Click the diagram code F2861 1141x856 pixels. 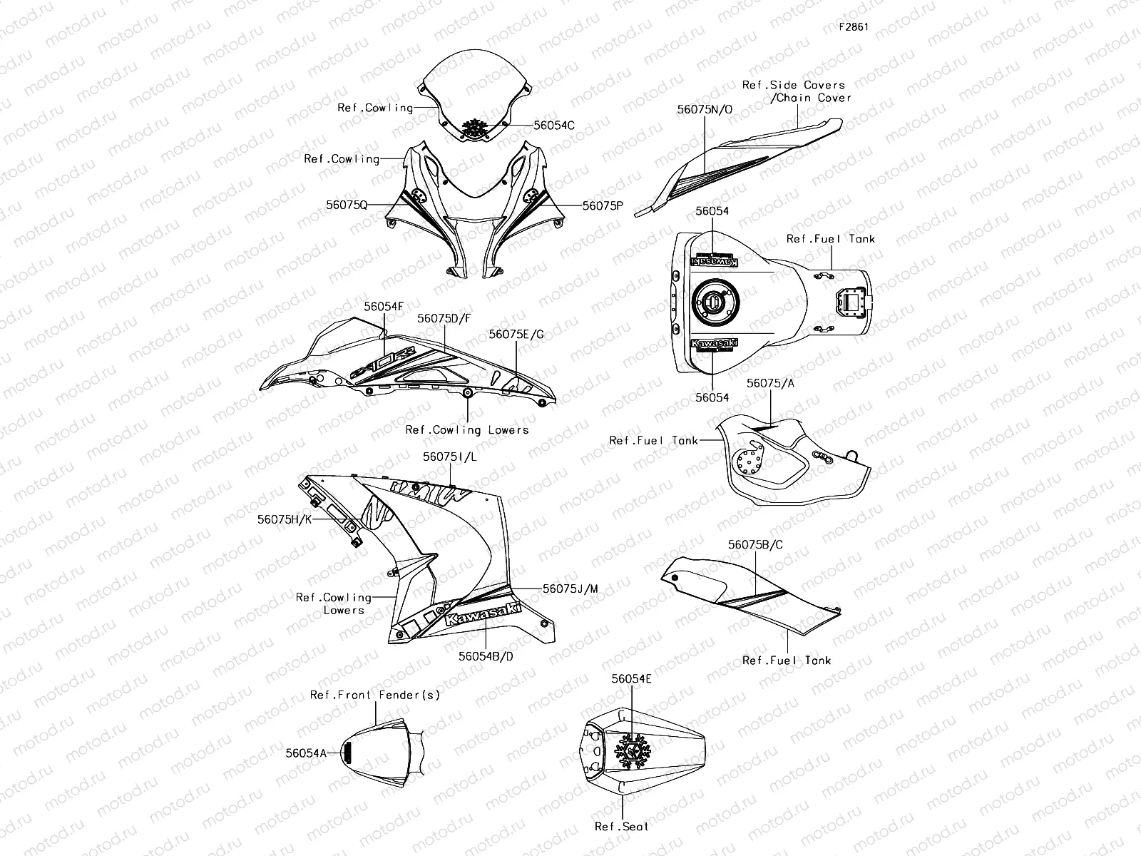[854, 26]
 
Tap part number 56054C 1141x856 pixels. [554, 126]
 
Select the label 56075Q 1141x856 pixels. [347, 205]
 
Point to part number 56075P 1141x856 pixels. [603, 206]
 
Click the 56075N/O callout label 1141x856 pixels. [705, 110]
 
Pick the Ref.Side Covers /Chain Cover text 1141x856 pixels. [797, 91]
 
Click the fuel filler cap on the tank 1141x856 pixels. [716, 302]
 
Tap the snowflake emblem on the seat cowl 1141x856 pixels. [632, 751]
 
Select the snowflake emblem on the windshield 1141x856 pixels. [474, 128]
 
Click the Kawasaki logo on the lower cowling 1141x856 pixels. [483, 614]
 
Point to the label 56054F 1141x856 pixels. [384, 307]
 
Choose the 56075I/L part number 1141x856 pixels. [450, 457]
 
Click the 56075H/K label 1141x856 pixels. [285, 519]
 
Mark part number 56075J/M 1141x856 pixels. [570, 589]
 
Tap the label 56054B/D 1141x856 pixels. [486, 656]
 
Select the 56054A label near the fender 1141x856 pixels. [306, 753]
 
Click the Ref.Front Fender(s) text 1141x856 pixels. [375, 695]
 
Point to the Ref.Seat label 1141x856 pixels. [622, 826]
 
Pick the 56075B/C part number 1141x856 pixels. [755, 545]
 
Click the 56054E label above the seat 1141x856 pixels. [632, 679]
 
